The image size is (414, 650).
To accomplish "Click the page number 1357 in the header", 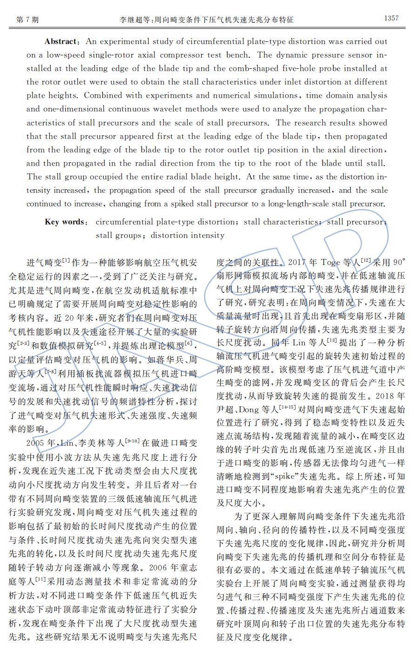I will click(x=391, y=19).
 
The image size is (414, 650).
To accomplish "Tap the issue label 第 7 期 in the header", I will click(x=27, y=20).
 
